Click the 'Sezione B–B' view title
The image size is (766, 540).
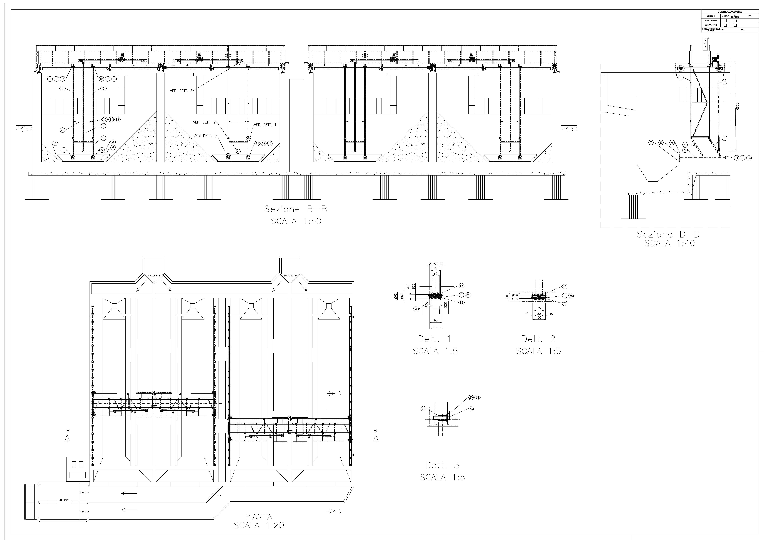pos(295,209)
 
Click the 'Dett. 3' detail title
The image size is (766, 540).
pos(442,465)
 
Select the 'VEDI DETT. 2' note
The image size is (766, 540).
pos(204,122)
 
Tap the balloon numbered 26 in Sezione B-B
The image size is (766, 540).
pos(63,130)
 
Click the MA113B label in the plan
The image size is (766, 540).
pos(84,511)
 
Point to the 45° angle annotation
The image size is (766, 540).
pos(219,496)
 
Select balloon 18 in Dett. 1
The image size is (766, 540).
pos(461,302)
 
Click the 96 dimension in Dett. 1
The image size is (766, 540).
pos(435,326)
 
